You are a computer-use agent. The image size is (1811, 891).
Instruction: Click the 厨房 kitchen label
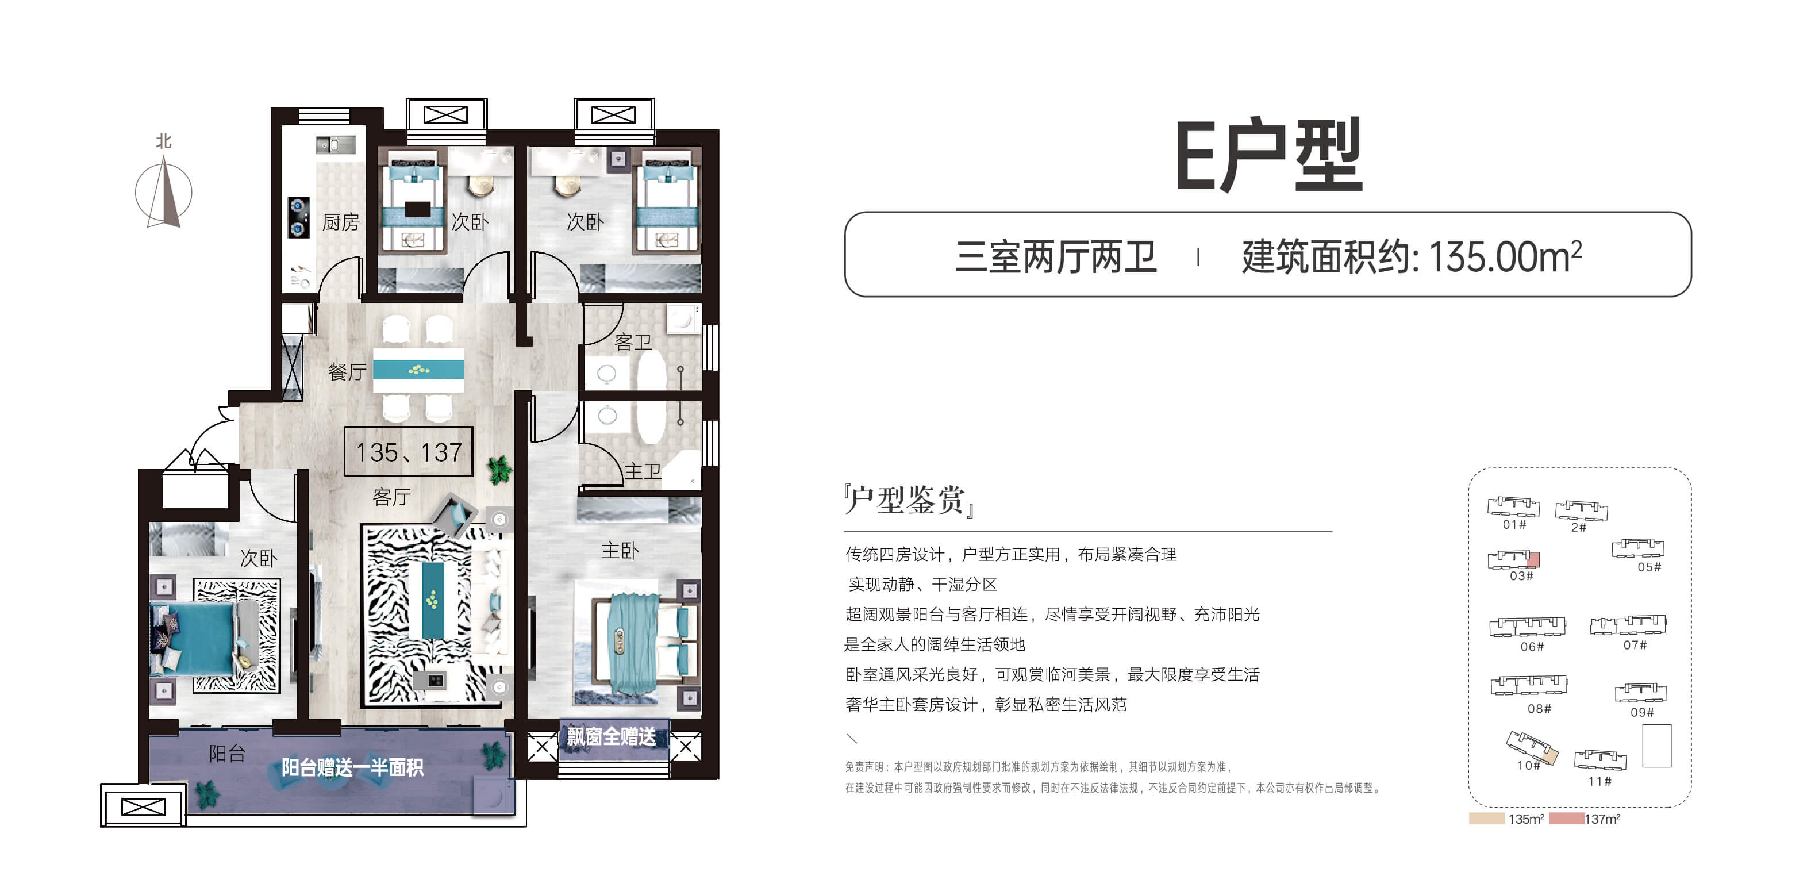pyautogui.click(x=341, y=222)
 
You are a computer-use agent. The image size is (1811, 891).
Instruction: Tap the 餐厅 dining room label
pyautogui.click(x=347, y=371)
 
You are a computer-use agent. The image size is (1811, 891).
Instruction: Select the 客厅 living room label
pyautogui.click(x=391, y=497)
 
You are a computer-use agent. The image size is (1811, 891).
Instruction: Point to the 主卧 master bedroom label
pyautogui.click(x=620, y=550)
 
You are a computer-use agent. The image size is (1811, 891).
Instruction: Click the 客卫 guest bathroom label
pyautogui.click(x=633, y=342)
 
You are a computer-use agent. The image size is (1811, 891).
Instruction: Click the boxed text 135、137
pyautogui.click(x=409, y=451)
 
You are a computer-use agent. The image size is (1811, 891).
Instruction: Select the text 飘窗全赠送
pyautogui.click(x=611, y=736)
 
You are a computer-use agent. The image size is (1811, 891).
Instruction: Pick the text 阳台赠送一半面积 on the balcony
pyautogui.click(x=352, y=767)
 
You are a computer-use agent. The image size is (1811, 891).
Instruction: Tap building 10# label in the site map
pyautogui.click(x=1528, y=765)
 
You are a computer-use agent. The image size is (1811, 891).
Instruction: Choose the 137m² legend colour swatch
pyautogui.click(x=1566, y=819)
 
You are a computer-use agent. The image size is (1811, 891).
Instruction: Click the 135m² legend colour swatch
pyautogui.click(x=1487, y=819)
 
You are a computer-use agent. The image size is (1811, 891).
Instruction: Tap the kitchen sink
pyautogui.click(x=335, y=145)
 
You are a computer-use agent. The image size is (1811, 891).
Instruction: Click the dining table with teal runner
pyautogui.click(x=418, y=370)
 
